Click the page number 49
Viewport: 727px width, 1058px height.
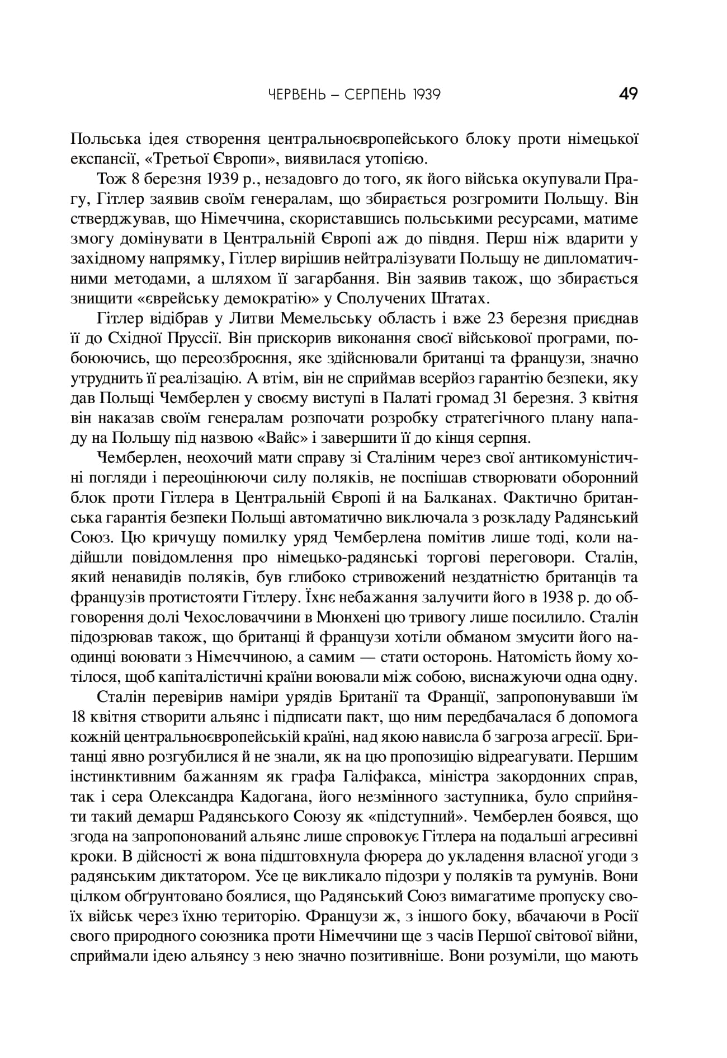coord(629,93)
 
